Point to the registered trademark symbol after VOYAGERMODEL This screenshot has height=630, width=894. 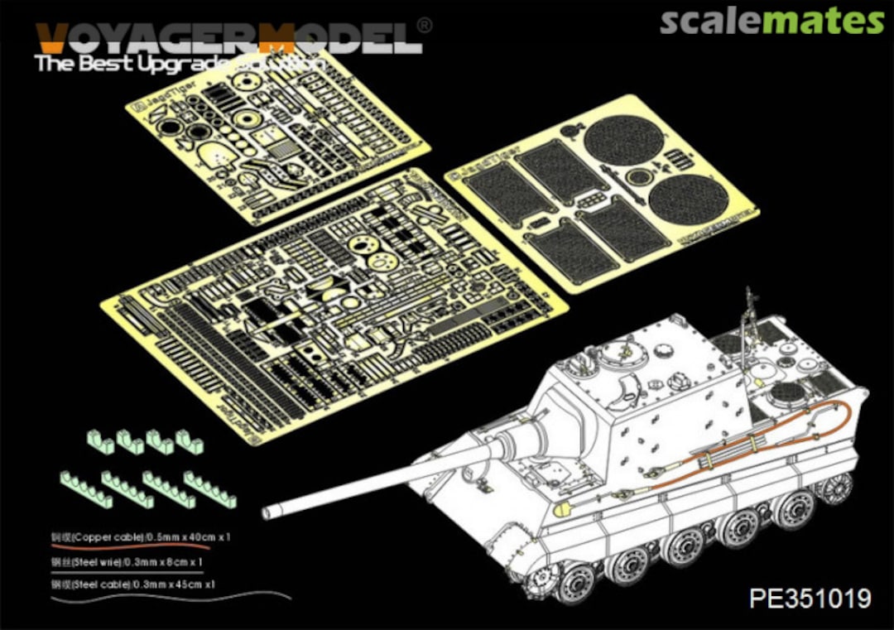tap(424, 26)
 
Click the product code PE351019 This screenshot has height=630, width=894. tap(810, 598)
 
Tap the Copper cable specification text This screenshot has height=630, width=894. tap(141, 537)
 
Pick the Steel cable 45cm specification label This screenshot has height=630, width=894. tap(133, 584)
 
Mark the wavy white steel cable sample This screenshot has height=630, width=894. tap(166, 594)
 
